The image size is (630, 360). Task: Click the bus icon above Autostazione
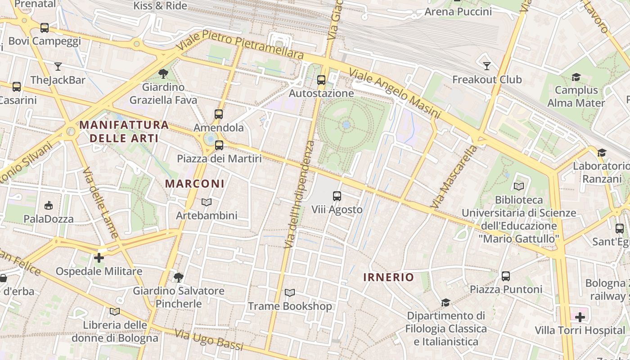321,80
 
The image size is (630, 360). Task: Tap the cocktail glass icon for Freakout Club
486,66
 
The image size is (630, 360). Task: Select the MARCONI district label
194,184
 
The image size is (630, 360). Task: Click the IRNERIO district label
388,277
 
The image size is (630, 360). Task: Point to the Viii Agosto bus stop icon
337,196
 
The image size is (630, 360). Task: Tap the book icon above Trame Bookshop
290,293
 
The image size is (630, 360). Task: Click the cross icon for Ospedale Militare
99,258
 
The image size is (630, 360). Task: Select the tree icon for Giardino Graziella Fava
163,73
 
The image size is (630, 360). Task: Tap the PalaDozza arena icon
48,206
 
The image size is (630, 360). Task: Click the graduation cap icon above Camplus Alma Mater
576,77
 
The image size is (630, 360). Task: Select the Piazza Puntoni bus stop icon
506,276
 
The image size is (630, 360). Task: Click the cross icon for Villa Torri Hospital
580,317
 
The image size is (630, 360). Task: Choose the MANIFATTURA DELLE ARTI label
124,131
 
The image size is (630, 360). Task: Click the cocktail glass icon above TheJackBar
58,67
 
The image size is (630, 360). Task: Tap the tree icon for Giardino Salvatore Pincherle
179,277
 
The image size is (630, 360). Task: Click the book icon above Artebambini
206,202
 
